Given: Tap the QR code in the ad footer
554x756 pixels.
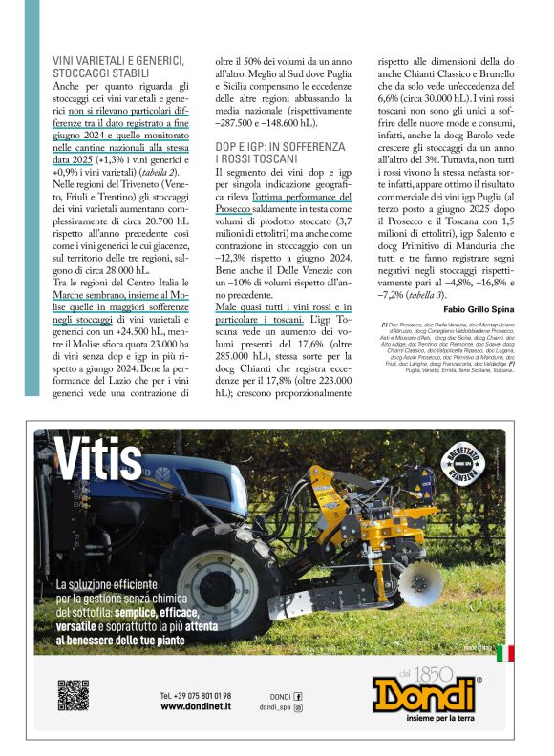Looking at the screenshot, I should click(x=73, y=694).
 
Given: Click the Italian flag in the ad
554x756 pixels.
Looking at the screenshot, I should click(x=504, y=653).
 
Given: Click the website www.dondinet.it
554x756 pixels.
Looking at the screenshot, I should click(x=196, y=706).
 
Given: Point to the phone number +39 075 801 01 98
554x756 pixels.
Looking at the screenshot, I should click(x=196, y=695).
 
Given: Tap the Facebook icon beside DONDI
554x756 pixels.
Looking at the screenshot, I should click(x=298, y=696).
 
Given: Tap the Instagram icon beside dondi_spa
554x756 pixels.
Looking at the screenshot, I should click(x=298, y=707).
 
